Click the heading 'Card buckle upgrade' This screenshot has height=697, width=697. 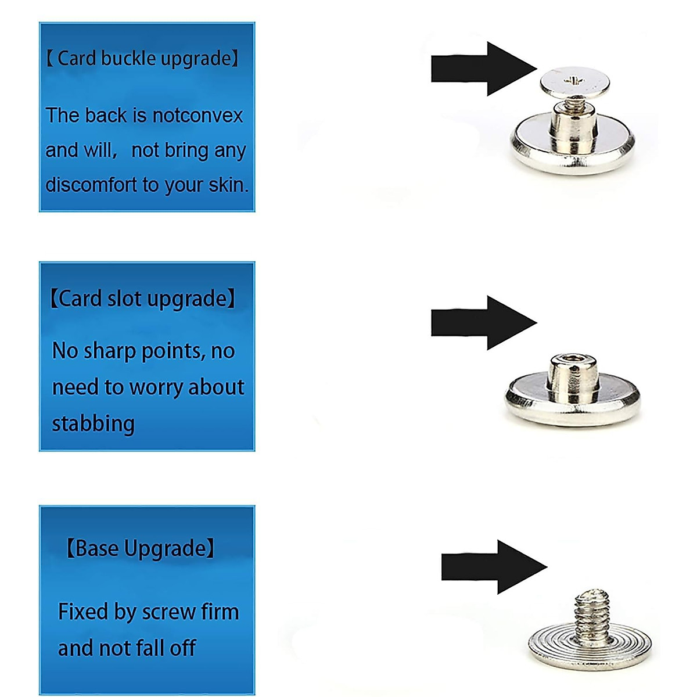point(142,59)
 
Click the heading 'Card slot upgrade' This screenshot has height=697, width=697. point(142,299)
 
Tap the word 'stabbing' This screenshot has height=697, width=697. point(93,423)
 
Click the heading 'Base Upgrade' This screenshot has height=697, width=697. point(140,548)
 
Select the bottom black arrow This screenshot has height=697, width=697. point(494,567)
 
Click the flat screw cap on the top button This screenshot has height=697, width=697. point(574,82)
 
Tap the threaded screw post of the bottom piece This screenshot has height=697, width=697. point(590,616)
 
